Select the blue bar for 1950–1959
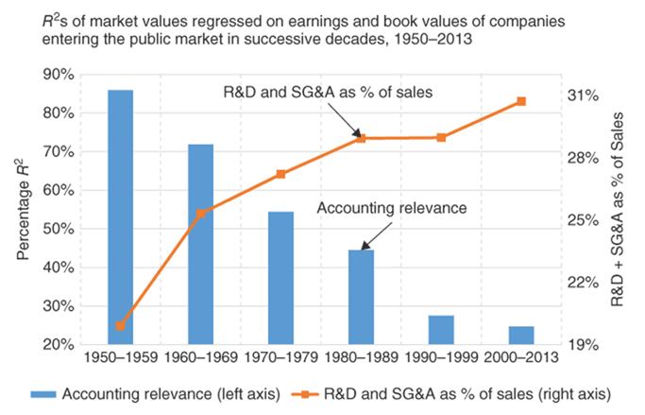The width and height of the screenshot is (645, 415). pyautogui.click(x=120, y=217)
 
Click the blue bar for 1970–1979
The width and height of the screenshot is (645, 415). pyautogui.click(x=280, y=278)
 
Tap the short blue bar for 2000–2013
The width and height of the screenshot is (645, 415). pyautogui.click(x=521, y=336)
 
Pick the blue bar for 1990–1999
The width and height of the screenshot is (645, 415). pyautogui.click(x=441, y=330)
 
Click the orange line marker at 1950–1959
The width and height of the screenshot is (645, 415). pyautogui.click(x=120, y=326)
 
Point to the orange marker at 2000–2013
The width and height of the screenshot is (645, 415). pyautogui.click(x=521, y=102)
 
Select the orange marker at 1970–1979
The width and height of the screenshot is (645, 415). pyautogui.click(x=280, y=174)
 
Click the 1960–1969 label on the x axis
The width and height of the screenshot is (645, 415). pyautogui.click(x=200, y=359)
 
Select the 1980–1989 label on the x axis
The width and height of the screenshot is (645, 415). pyautogui.click(x=361, y=359)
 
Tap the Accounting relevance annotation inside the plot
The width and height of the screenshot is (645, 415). pyautogui.click(x=393, y=207)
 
